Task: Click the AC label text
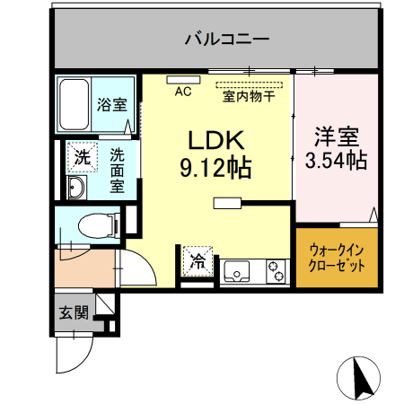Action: pos(183,91)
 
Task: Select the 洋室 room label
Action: pos(336,138)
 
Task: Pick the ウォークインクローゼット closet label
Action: pos(337,259)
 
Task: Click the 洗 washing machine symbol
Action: pos(83,156)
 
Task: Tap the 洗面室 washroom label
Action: pos(118,171)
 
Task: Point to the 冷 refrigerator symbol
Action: pos(198,262)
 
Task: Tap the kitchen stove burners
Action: pos(273,268)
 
